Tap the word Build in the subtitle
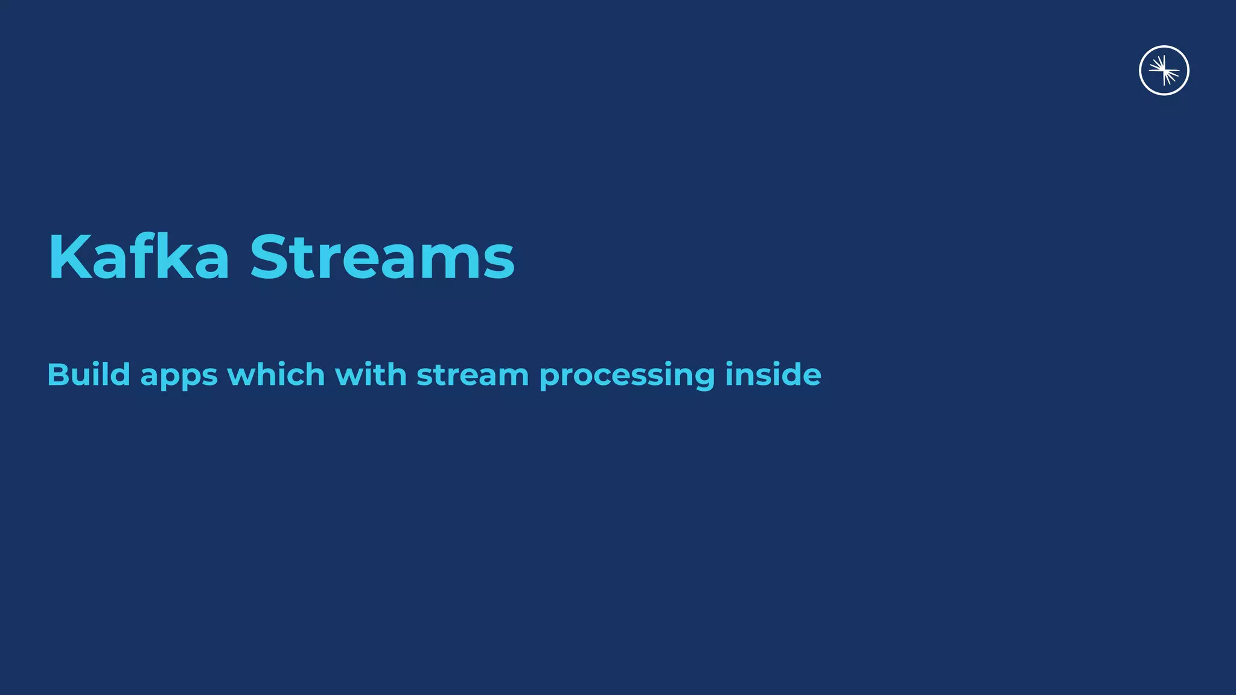pos(89,375)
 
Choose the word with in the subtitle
pos(371,375)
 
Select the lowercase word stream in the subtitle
pos(473,375)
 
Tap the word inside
pos(773,375)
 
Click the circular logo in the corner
pos(1164,71)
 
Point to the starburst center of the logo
pos(1164,71)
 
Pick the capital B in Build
pos(58,375)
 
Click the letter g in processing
pos(702,378)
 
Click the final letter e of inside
pos(811,376)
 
